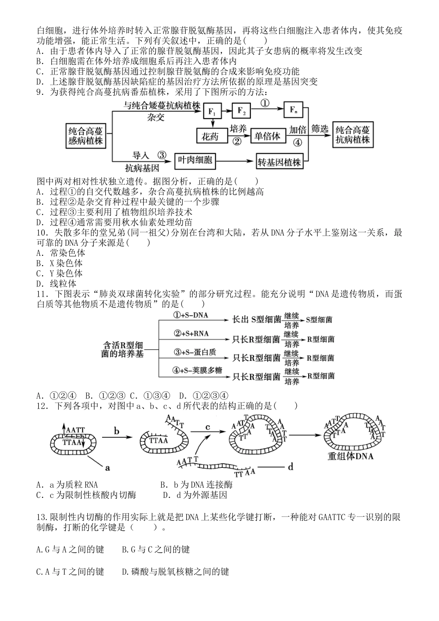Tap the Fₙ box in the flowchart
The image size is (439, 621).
click(x=293, y=110)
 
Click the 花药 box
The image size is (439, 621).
click(x=212, y=136)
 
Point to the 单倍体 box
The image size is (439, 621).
click(x=268, y=136)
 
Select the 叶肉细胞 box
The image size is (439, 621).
click(x=195, y=160)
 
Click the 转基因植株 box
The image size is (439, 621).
click(x=279, y=162)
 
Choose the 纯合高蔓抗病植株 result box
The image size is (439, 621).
click(x=353, y=135)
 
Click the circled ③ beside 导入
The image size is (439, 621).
click(x=161, y=155)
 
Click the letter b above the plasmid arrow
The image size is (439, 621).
click(x=116, y=432)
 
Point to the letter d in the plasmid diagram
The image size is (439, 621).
click(x=290, y=466)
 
